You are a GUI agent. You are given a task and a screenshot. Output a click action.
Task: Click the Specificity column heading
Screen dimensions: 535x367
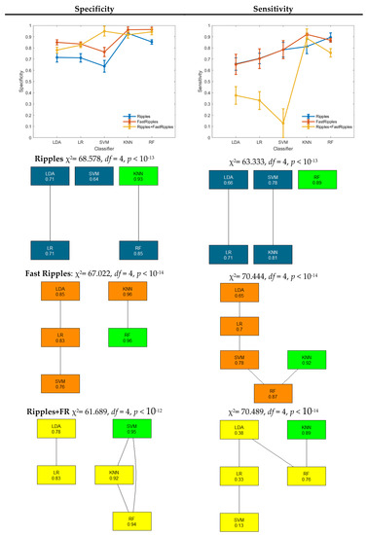coord(89,8)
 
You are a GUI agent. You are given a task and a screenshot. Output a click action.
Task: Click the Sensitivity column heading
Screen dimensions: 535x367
coord(275,8)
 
